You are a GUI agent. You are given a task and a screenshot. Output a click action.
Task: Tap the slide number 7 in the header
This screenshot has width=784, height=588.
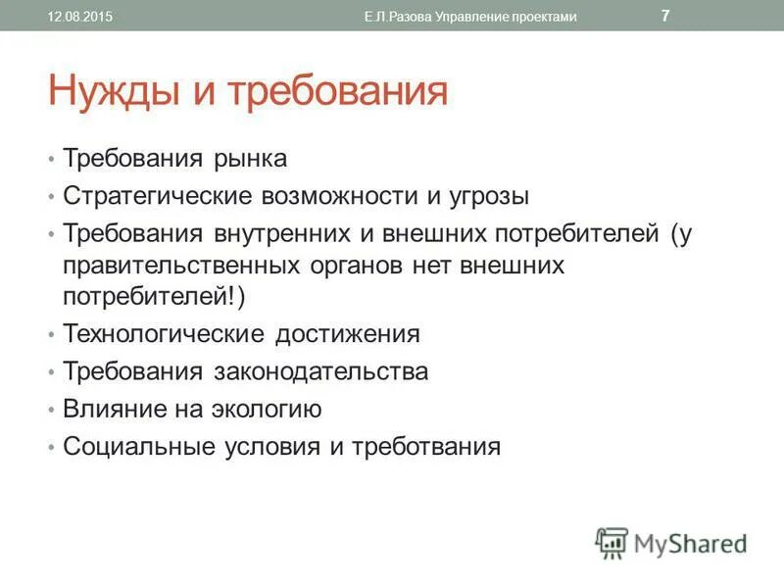click(x=666, y=16)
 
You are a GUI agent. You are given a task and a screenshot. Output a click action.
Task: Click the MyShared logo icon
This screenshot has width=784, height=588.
click(x=611, y=542)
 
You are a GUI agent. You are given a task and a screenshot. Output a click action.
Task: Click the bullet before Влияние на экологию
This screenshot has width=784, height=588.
click(x=50, y=410)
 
